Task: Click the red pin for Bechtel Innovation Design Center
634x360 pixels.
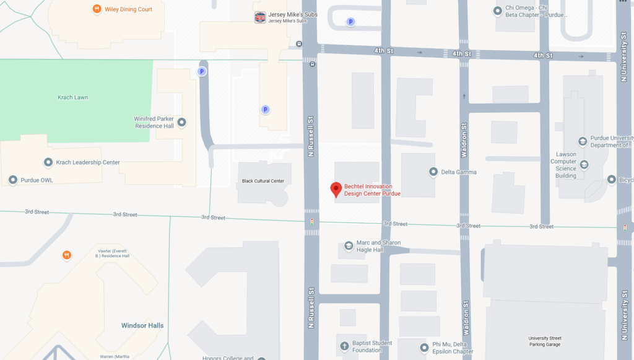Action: coord(336,189)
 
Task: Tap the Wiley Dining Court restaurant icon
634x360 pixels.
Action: coord(97,9)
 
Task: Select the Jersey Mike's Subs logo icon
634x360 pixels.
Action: coord(260,17)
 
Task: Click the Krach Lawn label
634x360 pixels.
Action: coord(73,97)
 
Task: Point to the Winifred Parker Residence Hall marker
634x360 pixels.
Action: coord(181,122)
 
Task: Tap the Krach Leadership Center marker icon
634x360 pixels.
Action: coord(48,162)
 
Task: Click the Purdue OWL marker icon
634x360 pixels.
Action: coord(12,180)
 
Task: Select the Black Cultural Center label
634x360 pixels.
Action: coord(263,182)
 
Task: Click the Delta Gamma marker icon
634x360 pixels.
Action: coord(433,172)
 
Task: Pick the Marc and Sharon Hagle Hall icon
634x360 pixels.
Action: coord(349,246)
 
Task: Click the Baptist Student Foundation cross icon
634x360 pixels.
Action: coord(344,346)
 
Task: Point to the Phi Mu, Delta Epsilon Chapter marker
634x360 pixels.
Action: coord(424,348)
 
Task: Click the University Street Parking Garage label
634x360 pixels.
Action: coord(544,341)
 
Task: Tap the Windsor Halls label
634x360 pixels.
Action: coord(142,325)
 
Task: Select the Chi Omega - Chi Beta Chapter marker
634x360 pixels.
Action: coord(497,11)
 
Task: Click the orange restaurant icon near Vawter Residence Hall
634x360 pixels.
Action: coord(67,255)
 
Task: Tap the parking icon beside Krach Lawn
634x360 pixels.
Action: coord(201,72)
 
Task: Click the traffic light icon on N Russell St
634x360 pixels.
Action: coord(311,221)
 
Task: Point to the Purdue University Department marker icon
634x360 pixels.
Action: coord(582,141)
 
